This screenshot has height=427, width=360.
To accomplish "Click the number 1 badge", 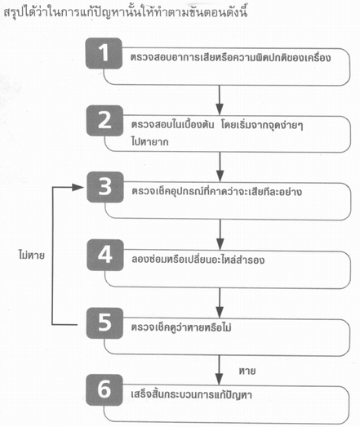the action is tap(104, 53).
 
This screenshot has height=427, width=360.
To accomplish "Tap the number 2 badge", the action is tap(104, 121).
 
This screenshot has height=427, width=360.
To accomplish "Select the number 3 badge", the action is tap(105, 187).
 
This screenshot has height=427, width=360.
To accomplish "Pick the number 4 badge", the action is tap(105, 255).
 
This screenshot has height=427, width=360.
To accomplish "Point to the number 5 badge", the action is tap(104, 323).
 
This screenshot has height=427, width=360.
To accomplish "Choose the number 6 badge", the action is tap(104, 390).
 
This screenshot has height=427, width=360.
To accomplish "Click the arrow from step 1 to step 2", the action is tap(220, 100).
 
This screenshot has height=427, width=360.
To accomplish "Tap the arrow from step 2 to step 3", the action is tap(220, 167).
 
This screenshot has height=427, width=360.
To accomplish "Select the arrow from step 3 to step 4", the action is tap(220, 234).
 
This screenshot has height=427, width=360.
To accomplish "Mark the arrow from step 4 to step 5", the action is tap(220, 303).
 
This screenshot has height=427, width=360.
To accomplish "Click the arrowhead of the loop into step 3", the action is tap(78, 187).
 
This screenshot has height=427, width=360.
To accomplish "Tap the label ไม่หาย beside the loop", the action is tap(31, 256).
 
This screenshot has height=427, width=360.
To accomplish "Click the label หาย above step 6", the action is tap(247, 371).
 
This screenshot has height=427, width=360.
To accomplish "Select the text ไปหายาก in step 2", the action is tap(149, 141).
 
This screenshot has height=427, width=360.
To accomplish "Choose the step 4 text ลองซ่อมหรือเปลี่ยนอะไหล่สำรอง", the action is tap(198, 260).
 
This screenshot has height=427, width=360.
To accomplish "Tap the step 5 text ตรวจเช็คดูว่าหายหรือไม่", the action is tap(181, 327).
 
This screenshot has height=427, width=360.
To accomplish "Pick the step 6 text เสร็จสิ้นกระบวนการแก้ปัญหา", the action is tap(192, 394).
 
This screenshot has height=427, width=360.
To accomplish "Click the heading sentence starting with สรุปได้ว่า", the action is tap(126, 12).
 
